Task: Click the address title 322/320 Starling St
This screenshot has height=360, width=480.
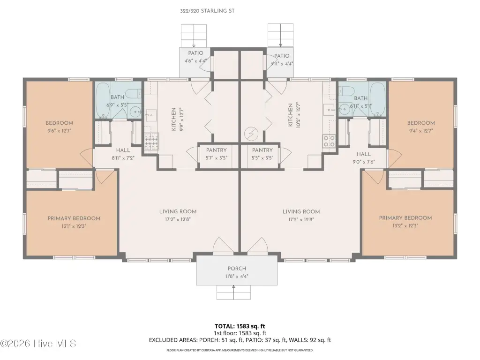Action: pos(207,11)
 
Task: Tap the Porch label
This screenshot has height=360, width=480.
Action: pos(237,269)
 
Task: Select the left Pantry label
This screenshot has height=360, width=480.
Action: pos(217,150)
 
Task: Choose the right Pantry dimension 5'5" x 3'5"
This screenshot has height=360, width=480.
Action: pos(262,158)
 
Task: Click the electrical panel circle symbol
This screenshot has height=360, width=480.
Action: pos(251,134)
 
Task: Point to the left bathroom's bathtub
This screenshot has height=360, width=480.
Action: pos(103,100)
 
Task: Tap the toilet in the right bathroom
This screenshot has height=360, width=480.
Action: pos(346,91)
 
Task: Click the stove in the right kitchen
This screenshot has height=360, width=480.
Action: pos(329,141)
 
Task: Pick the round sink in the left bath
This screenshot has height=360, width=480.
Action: pos(135,112)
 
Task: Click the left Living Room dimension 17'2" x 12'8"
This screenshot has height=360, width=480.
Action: pos(178,219)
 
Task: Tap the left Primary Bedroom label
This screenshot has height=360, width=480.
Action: pos(74,218)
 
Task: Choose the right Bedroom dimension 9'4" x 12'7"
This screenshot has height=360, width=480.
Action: pos(421,131)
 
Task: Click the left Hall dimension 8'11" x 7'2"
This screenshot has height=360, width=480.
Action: pos(123,158)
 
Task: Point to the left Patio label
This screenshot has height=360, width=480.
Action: pos(195,53)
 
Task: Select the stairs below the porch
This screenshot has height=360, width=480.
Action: pos(233,292)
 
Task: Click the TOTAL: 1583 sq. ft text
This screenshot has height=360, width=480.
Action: pos(240,326)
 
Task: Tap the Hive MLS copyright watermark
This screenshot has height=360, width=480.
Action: pos(38,344)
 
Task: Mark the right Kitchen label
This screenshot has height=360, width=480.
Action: pos(290,115)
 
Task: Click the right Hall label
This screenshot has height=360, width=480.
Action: pos(364,154)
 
